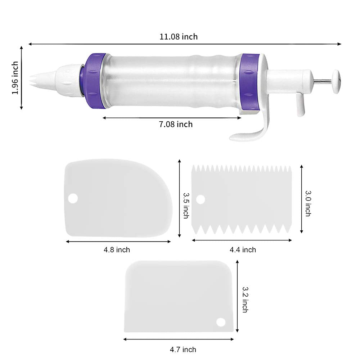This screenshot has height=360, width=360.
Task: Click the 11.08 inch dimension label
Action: coord(179,36)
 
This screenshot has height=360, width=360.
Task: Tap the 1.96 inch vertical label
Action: coord(15,78)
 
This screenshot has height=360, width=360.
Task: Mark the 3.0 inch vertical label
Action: coord(308,203)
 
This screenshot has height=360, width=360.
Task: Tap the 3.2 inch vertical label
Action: coord(244,299)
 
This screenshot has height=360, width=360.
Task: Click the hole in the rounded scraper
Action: coord(73,198)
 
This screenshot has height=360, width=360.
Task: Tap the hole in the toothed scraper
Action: coord(201,199)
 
